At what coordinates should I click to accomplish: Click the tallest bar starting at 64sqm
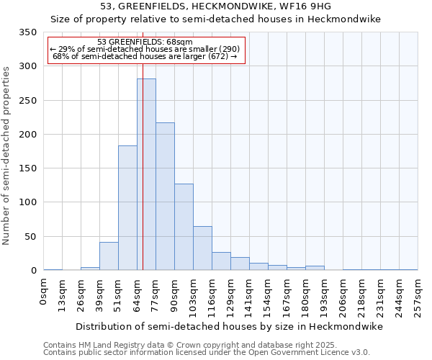(146, 174)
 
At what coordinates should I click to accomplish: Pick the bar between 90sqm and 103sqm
(184, 227)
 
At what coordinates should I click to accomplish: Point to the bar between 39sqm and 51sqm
(109, 256)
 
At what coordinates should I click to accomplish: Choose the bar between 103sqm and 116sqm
(202, 248)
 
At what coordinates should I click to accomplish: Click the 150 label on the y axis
(28, 168)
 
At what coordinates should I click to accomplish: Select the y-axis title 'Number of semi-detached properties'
(6, 156)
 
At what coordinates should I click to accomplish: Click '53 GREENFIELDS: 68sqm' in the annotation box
(145, 42)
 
